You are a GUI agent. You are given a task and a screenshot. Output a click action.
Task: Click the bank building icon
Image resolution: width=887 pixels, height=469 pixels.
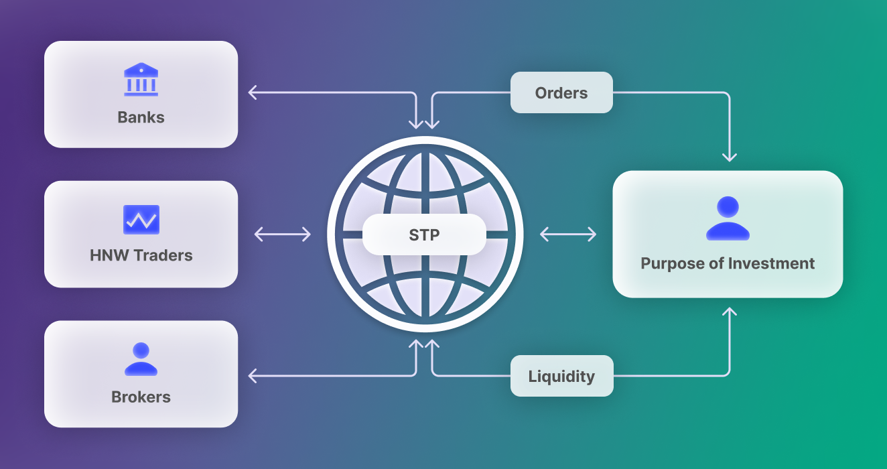point(141,80)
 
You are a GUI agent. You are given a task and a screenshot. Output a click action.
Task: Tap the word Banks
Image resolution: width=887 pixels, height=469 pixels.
point(141,117)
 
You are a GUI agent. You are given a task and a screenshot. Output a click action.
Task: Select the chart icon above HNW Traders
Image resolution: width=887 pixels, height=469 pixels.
point(141,220)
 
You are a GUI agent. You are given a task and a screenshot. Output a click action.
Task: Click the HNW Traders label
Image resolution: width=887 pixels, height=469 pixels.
point(141,255)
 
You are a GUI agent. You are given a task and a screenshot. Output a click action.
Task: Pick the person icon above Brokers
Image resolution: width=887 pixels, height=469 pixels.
point(141,359)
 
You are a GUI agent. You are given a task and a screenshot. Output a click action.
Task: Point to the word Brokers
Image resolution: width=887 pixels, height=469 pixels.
point(141,397)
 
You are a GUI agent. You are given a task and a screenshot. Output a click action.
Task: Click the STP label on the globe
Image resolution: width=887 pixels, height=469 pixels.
point(424,234)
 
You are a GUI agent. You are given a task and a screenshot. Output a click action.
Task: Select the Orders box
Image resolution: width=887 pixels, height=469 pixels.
point(561,92)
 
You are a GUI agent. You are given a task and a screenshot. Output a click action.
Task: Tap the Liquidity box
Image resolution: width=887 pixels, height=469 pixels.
point(561,376)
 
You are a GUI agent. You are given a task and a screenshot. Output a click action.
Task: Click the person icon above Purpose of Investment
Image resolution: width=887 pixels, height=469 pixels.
point(728,218)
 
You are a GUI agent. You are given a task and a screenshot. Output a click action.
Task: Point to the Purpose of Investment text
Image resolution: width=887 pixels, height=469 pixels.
point(728,263)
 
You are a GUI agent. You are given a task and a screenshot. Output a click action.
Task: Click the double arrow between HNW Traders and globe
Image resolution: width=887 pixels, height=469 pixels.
point(283,234)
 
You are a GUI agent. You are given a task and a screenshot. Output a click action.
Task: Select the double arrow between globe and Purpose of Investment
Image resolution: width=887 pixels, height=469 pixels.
point(568,234)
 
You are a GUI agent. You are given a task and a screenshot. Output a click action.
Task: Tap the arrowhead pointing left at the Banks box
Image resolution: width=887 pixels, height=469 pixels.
point(253,92)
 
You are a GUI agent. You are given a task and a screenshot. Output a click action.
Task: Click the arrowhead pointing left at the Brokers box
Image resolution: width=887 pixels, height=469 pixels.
point(253,376)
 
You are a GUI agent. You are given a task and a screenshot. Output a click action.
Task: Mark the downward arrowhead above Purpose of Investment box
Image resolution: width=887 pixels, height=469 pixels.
point(730,157)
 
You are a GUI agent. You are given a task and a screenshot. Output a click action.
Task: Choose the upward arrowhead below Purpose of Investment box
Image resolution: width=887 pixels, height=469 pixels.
point(730,312)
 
